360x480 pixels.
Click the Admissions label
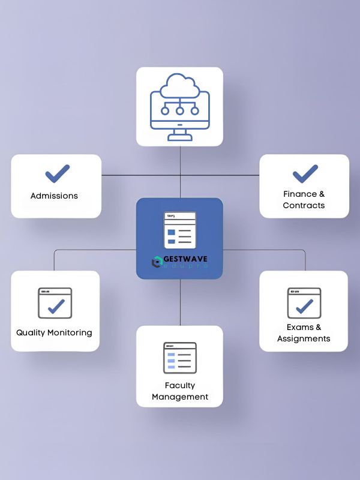[x=54, y=196]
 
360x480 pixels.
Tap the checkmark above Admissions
[x=58, y=174]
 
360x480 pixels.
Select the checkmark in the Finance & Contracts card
[x=305, y=173]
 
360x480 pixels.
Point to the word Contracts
[x=304, y=205]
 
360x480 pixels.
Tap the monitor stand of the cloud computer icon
[x=179, y=135]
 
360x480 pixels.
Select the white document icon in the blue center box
[x=180, y=230]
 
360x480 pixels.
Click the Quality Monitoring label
[x=54, y=332]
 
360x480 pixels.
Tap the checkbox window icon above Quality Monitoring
[x=55, y=303]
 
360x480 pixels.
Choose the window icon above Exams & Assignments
[x=304, y=303]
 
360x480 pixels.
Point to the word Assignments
[x=304, y=338]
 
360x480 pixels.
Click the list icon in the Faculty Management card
[x=179, y=358]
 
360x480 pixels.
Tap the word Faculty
[x=180, y=385]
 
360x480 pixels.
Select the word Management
[x=180, y=397]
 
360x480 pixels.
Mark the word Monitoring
[x=72, y=332]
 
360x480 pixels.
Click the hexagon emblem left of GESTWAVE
[x=158, y=262]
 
